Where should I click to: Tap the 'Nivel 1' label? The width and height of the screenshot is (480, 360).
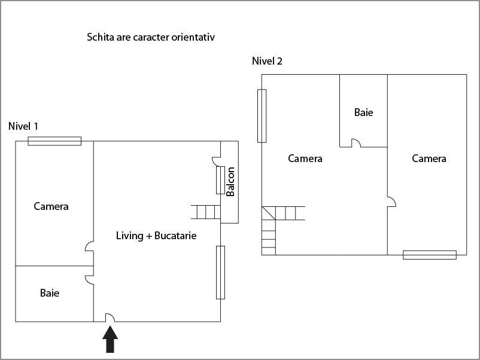pyautogui.click(x=23, y=126)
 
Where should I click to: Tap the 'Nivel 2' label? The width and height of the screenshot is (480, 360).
pyautogui.click(x=267, y=61)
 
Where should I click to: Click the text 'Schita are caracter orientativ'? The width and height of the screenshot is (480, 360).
pyautogui.click(x=151, y=37)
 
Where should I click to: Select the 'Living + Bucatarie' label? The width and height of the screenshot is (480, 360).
pyautogui.click(x=156, y=236)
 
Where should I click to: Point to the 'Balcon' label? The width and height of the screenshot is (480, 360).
pyautogui.click(x=230, y=181)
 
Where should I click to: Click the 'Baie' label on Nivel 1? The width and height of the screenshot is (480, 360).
pyautogui.click(x=50, y=293)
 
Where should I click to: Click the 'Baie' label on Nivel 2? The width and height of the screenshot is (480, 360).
pyautogui.click(x=363, y=112)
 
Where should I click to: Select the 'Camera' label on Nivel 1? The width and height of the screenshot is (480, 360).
pyautogui.click(x=51, y=206)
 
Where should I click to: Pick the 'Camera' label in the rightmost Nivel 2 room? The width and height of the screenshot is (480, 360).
pyautogui.click(x=429, y=158)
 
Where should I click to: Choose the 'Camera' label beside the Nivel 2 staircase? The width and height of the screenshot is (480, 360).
pyautogui.click(x=305, y=158)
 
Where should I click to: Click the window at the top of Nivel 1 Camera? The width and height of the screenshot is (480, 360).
pyautogui.click(x=54, y=141)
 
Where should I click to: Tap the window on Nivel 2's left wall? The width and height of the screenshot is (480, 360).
pyautogui.click(x=262, y=115)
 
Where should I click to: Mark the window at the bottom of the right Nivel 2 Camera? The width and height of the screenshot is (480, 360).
pyautogui.click(x=430, y=255)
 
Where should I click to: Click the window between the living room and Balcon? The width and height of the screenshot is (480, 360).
pyautogui.click(x=220, y=179)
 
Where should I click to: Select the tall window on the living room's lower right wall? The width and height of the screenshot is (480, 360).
pyautogui.click(x=220, y=272)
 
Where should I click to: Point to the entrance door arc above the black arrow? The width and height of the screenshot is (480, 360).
pyautogui.click(x=110, y=318)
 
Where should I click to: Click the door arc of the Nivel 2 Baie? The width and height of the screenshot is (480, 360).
pyautogui.click(x=355, y=143)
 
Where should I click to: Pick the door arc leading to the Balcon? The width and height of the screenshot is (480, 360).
pyautogui.click(x=217, y=160)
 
